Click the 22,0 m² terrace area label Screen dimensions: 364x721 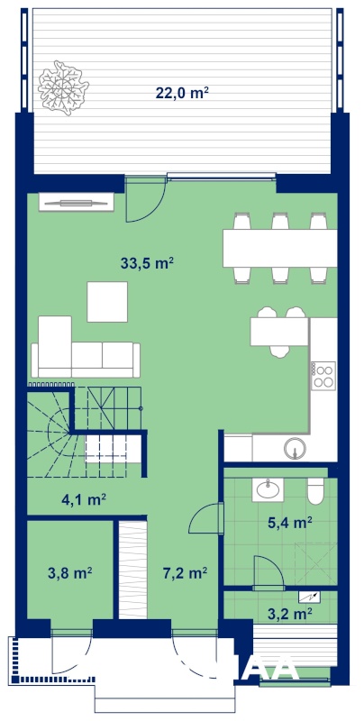coord(183,93)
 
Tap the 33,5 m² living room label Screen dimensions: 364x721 coord(147,263)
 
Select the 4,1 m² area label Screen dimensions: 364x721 coord(84,499)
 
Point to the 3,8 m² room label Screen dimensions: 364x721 coord(70,572)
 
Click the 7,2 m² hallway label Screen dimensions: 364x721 coord(185,572)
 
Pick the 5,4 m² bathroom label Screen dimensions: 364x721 coord(290,523)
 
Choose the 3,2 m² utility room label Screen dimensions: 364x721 coord(290,613)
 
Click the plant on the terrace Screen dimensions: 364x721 coord(63,87)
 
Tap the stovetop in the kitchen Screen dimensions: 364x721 coord(323,376)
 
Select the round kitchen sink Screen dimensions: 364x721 coord(295,447)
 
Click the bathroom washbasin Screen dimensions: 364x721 coord(268,489)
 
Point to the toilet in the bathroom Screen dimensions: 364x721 coord(316,491)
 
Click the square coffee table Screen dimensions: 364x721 coord(107,302)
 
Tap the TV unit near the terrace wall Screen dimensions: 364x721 coord(77,202)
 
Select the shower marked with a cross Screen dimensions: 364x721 coord(315,564)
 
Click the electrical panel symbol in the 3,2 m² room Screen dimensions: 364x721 coord(309,597)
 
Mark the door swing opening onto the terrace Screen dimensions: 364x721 coord(145,199)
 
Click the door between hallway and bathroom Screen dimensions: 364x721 coord(206,518)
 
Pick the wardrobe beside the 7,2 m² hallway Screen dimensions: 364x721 coord(132,570)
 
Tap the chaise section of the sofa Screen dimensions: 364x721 coord(55,347)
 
